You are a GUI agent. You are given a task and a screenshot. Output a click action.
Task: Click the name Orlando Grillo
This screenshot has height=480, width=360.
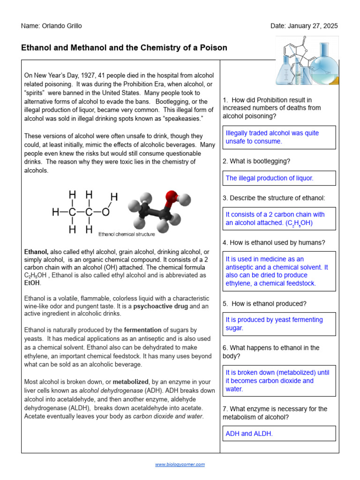pos(61,26)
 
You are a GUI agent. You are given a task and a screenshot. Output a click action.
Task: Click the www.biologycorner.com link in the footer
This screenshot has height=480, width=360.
pos(180,465)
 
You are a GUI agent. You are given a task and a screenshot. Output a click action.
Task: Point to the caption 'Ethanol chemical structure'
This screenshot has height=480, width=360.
pos(127,233)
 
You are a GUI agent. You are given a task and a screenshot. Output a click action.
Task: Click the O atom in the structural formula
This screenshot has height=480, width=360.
pos(105,212)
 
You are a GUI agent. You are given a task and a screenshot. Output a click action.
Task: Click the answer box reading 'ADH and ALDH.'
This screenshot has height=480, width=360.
pos(280,434)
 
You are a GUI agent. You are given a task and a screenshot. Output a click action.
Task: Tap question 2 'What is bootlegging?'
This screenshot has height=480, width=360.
pos(256,161)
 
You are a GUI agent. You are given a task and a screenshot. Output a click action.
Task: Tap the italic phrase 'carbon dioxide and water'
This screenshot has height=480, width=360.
pos(168,416)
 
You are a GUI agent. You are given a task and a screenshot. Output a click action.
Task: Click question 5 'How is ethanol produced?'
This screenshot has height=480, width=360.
pos(265,303)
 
